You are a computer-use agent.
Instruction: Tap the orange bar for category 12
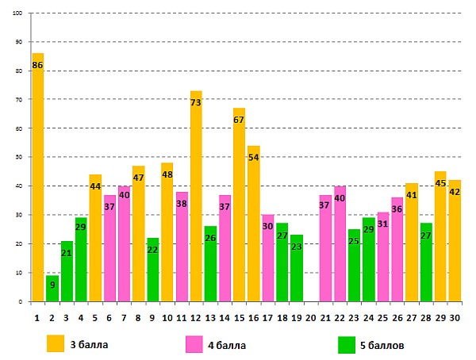point(196,198)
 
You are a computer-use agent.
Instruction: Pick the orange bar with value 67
point(239,206)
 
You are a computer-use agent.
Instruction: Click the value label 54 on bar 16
point(254,158)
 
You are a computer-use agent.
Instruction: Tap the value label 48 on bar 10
point(167,174)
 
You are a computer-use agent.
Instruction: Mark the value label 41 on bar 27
point(411,194)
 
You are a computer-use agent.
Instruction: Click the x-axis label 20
point(311,317)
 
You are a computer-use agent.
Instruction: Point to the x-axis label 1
point(37,317)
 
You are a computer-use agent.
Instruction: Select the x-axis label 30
point(455,317)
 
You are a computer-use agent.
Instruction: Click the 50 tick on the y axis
point(18,157)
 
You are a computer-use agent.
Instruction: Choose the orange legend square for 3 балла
point(55,344)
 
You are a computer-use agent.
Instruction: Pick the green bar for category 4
point(80,262)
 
